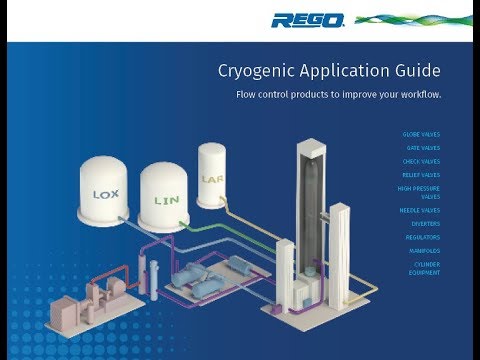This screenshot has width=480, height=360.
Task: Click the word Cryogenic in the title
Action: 259,71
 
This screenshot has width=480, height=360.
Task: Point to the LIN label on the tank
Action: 166,200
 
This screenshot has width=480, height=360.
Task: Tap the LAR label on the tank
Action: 212,181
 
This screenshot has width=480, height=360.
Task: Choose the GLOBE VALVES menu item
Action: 420,134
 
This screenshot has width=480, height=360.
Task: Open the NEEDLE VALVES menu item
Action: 420,210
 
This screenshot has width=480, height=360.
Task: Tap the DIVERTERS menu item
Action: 425,224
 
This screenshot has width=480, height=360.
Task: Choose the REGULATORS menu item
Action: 423,237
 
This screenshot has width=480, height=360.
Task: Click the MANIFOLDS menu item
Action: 423,250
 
